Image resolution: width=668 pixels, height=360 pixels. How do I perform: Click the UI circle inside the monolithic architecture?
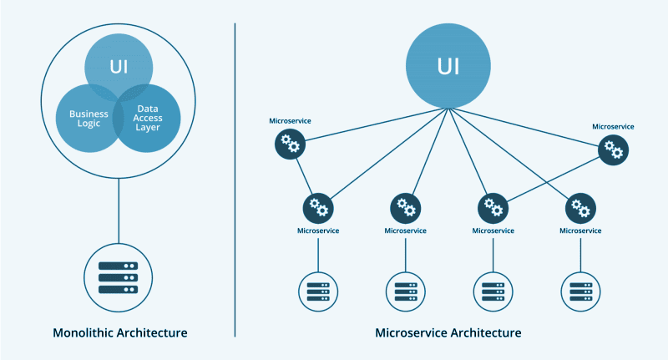pos(119,63)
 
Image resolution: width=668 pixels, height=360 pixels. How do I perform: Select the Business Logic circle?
pos(83,119)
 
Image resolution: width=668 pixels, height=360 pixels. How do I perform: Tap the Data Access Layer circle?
pos(149,119)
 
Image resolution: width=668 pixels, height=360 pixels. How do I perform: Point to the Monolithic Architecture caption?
pos(120,332)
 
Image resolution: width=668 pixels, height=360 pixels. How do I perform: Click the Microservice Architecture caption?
pos(448,332)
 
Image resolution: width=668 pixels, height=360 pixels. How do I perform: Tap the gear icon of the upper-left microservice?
pos(291,145)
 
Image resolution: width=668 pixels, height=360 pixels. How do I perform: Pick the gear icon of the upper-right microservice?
pos(614,150)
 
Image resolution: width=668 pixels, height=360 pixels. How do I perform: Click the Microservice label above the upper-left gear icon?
pos(290,121)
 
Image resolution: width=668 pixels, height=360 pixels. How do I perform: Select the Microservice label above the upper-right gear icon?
pos(613,126)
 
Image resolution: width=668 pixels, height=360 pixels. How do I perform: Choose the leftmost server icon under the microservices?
pos(318,292)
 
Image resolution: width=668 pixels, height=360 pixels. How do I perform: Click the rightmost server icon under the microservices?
pos(580,292)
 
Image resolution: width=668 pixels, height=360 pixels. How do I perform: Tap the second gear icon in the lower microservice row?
pos(406,206)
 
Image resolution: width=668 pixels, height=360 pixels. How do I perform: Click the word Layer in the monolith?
pos(148,129)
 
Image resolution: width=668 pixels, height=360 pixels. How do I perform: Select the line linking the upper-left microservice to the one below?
pos(304,176)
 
